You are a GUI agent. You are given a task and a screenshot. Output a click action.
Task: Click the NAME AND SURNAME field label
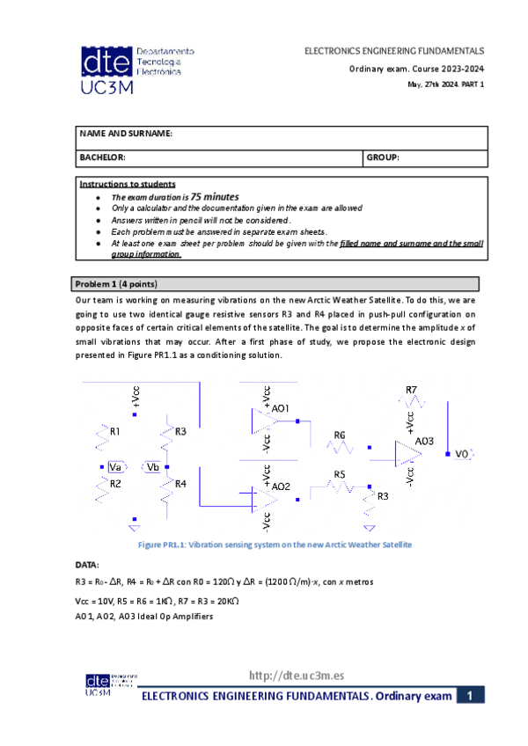click(126, 133)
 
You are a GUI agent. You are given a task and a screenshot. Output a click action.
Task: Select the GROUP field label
click(384, 157)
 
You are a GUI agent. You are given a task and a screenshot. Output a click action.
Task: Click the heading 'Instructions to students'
click(127, 184)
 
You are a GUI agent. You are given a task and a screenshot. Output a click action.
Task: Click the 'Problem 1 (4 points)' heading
click(117, 284)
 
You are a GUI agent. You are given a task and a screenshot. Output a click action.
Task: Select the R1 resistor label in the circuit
click(115, 432)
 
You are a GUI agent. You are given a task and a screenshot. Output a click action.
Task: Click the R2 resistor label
click(115, 483)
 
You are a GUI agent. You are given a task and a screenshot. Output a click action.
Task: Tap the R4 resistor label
click(180, 484)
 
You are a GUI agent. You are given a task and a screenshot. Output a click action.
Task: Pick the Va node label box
click(114, 467)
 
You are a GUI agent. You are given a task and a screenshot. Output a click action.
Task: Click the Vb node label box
click(153, 467)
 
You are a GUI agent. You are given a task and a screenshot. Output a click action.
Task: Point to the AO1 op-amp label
click(281, 408)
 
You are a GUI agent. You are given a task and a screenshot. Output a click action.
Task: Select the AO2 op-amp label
click(281, 486)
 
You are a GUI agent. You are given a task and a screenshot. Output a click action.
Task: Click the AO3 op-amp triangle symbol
click(407, 454)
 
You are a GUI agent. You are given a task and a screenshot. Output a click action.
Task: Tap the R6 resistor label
click(340, 435)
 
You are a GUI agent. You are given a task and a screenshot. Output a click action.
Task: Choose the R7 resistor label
click(412, 389)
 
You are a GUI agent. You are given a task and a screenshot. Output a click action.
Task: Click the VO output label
click(462, 454)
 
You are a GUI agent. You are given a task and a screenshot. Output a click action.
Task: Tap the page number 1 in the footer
click(471, 696)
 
